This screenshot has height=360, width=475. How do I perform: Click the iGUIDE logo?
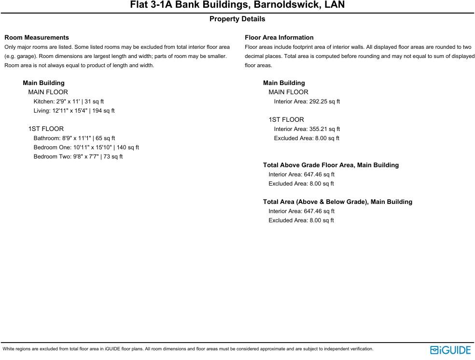(450, 350)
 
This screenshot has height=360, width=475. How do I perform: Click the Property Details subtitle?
(237, 19)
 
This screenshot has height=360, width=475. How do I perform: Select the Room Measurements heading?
(37, 37)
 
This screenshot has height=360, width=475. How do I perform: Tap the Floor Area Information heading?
(279, 37)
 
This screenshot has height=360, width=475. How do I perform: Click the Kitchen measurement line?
(69, 101)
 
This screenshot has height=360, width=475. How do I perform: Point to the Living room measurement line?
(74, 111)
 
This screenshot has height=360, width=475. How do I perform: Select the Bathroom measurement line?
(74, 138)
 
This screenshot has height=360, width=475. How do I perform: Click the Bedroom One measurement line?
(86, 147)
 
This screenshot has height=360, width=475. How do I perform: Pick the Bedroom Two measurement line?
(78, 157)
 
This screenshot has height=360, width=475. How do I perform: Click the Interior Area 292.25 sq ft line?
(307, 101)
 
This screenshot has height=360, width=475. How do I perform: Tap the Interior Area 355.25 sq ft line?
(307, 129)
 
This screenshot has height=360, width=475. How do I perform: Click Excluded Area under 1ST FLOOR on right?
(307, 138)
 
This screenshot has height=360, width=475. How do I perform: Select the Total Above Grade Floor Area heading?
(331, 165)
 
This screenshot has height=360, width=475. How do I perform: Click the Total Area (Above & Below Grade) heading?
(337, 202)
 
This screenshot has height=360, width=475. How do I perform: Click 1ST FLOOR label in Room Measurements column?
(46, 129)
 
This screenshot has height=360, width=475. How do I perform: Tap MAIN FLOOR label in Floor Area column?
(288, 92)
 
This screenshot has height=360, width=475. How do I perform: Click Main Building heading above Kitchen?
(43, 83)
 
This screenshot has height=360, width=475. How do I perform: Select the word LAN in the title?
(335, 5)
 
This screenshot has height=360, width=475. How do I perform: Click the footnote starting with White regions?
(188, 349)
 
